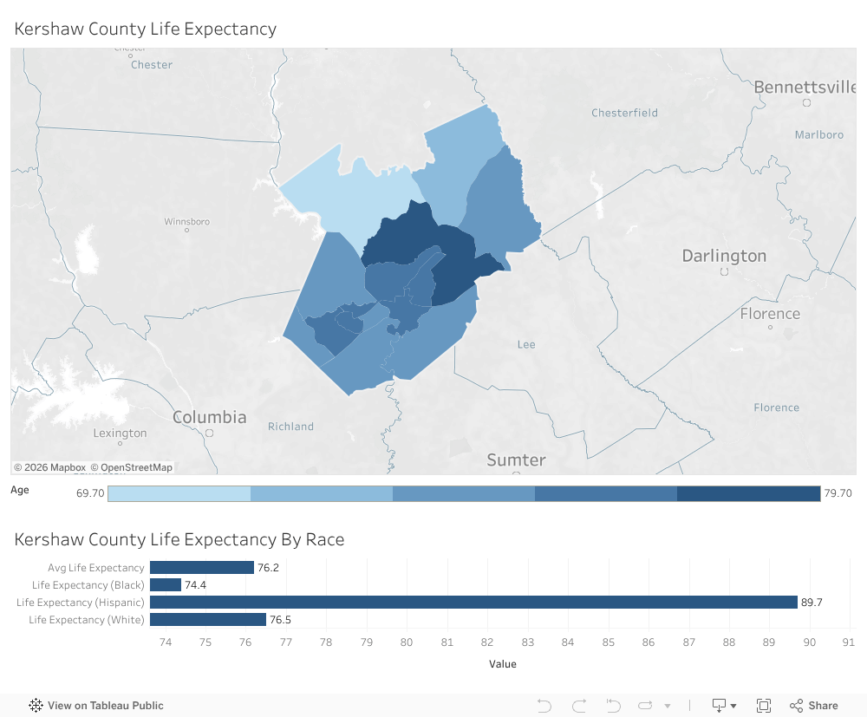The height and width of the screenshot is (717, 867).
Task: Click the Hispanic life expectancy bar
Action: (x=473, y=602)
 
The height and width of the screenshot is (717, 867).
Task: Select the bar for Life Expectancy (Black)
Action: (x=166, y=585)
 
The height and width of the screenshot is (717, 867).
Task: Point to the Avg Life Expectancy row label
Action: (x=96, y=568)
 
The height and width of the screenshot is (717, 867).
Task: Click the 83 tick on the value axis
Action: (x=527, y=642)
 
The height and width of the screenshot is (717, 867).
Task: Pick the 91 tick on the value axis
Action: (x=848, y=642)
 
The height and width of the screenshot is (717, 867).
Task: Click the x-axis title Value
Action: (x=502, y=664)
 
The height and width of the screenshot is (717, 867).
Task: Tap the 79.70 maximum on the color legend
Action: (x=838, y=493)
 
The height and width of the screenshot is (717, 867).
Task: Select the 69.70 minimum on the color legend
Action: (x=90, y=493)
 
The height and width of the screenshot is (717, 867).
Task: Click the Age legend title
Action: (x=20, y=490)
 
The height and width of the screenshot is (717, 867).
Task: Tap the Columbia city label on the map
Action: (x=209, y=417)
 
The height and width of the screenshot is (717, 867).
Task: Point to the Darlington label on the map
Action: (x=724, y=256)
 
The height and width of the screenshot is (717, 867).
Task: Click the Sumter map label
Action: (x=516, y=460)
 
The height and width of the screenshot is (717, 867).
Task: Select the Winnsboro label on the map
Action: (x=187, y=222)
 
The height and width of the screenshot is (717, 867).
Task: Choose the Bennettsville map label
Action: (x=805, y=88)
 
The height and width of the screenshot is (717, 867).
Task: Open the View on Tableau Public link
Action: (x=96, y=705)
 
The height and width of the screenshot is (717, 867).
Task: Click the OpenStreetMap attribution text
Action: (x=136, y=467)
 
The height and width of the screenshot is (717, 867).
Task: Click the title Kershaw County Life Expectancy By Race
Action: (x=179, y=539)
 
